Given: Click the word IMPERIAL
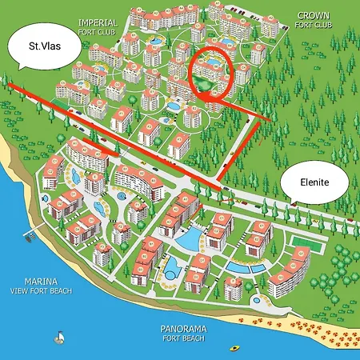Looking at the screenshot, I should pos(98,23).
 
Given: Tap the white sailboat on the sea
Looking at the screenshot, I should pos(58,338).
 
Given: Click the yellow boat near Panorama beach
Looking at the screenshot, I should pos(234,348).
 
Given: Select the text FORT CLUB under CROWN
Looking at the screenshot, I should pos(313,25).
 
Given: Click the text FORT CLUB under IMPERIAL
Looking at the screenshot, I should pos(98,33).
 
